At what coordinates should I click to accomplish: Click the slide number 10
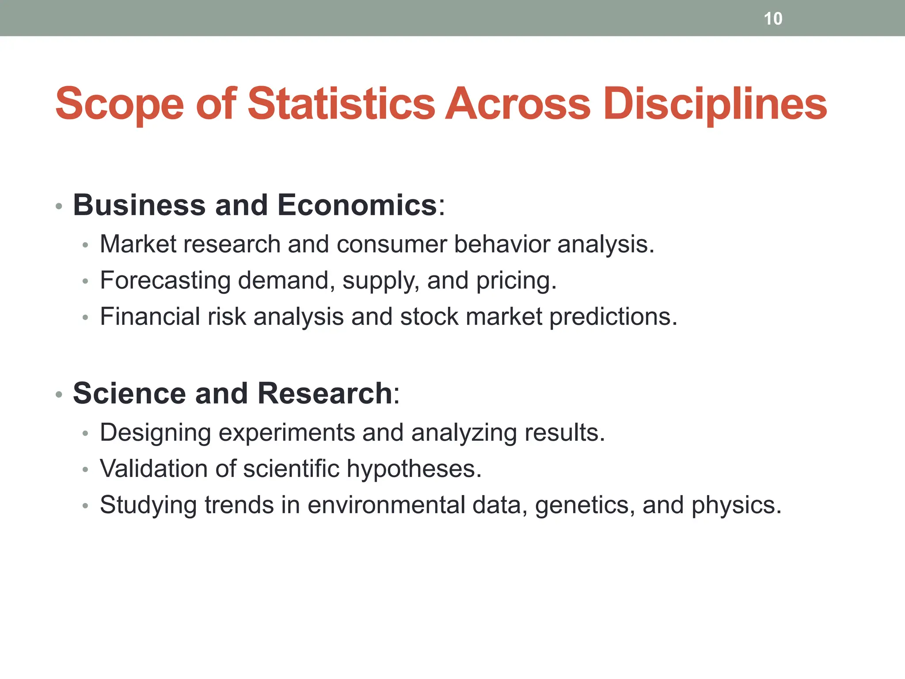(773, 19)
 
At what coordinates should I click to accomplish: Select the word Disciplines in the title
(715, 104)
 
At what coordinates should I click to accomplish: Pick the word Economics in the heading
(357, 205)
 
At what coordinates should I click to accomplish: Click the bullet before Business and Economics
(59, 206)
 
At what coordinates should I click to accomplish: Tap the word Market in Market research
(138, 244)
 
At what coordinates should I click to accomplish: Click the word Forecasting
(165, 281)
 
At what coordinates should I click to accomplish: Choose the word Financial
(150, 317)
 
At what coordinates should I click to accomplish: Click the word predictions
(613, 317)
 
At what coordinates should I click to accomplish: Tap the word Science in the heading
(129, 393)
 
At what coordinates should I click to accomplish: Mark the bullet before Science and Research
(59, 394)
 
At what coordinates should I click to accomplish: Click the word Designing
(155, 433)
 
